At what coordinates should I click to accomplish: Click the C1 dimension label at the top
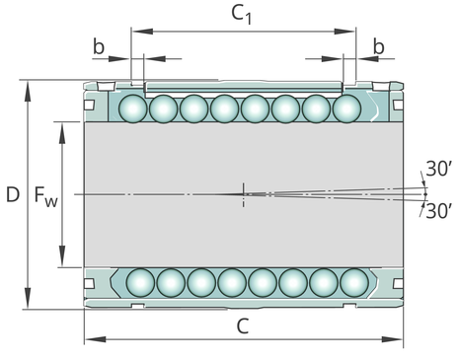coord(241,15)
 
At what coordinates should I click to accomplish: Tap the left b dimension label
coord(99,46)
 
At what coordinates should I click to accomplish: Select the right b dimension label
coord(379,46)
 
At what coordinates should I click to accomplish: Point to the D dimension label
coord(13,194)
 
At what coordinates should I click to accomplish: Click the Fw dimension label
coord(46,196)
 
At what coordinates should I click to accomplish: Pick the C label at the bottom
coord(243,326)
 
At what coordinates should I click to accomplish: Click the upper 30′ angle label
coord(438,169)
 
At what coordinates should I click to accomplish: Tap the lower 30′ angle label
coord(438,211)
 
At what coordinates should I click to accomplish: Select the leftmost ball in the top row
coord(133,108)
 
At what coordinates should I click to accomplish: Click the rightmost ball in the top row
coord(346,108)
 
